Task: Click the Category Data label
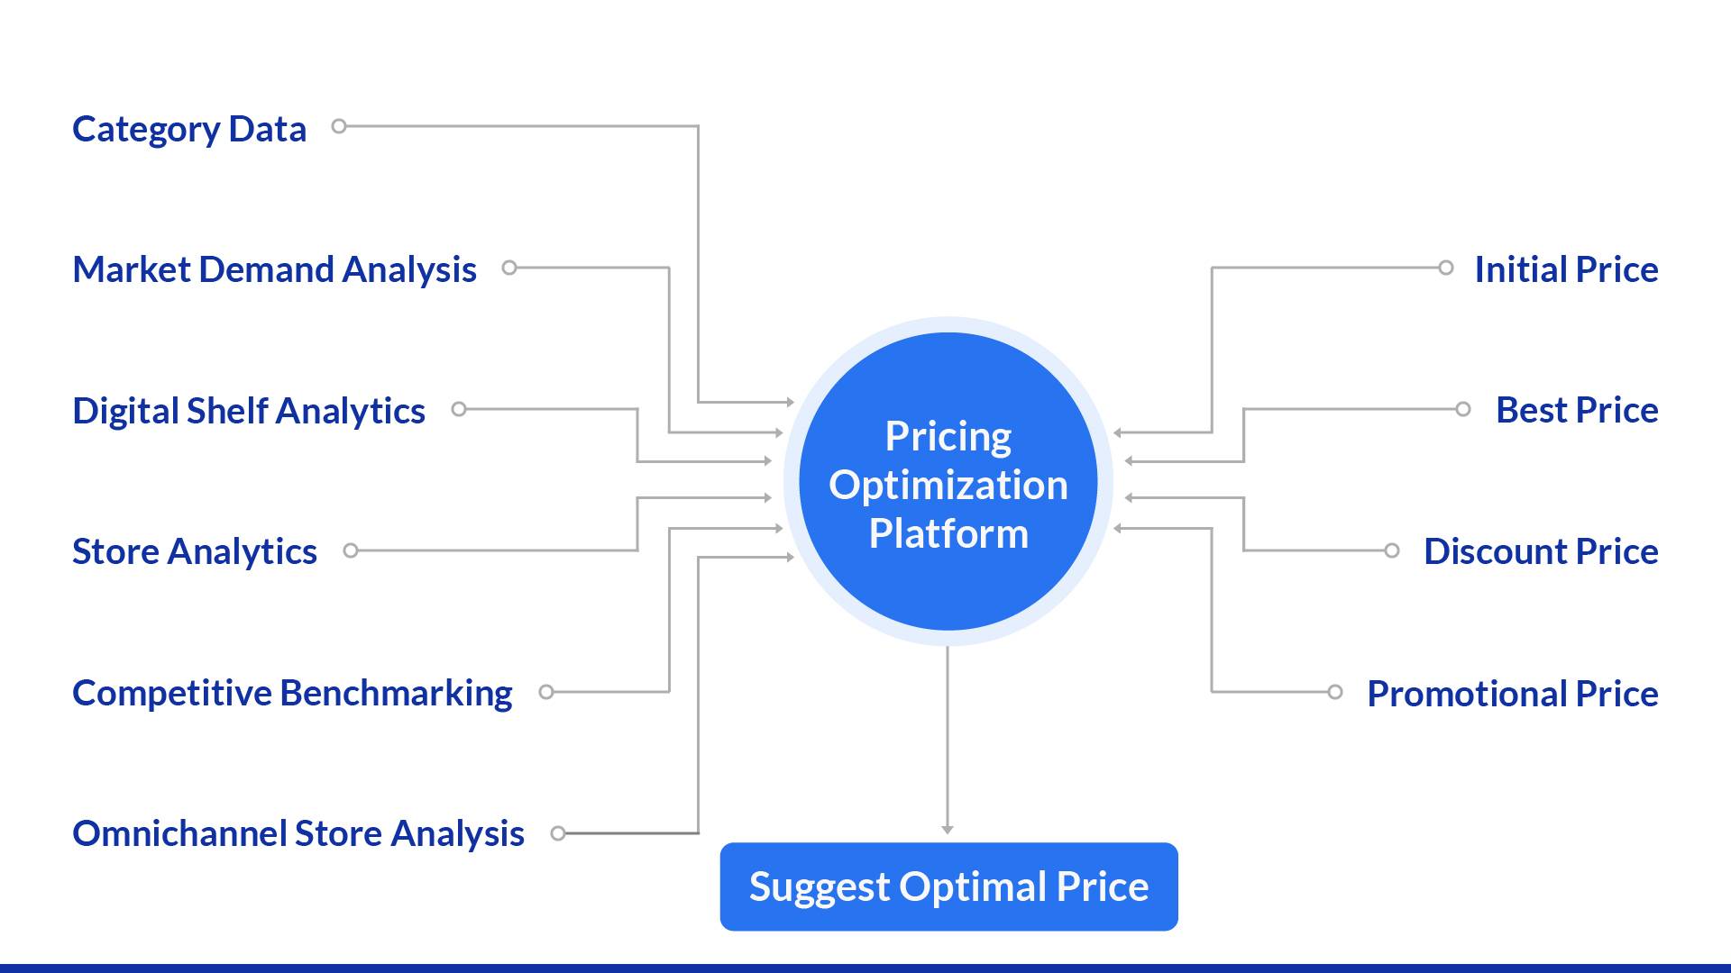tap(189, 130)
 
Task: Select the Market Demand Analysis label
tap(274, 270)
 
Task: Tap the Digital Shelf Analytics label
tap(248, 411)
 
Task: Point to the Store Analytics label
tap(194, 551)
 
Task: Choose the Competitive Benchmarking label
tap(292, 693)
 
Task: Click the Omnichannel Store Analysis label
tap(298, 833)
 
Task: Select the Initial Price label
tap(1566, 270)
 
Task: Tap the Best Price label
tap(1577, 411)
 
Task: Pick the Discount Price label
tap(1541, 551)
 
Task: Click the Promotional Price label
tap(1512, 694)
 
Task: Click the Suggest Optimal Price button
tap(948, 887)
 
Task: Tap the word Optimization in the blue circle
tap(948, 486)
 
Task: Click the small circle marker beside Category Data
tap(339, 126)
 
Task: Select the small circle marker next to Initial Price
tap(1445, 268)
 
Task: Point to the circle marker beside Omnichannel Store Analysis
tap(558, 833)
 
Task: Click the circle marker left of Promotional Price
tap(1335, 692)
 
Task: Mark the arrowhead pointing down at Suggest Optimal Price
tap(948, 829)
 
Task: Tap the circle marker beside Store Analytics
tap(351, 550)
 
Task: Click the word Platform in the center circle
tap(948, 534)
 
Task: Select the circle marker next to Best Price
tap(1463, 409)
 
